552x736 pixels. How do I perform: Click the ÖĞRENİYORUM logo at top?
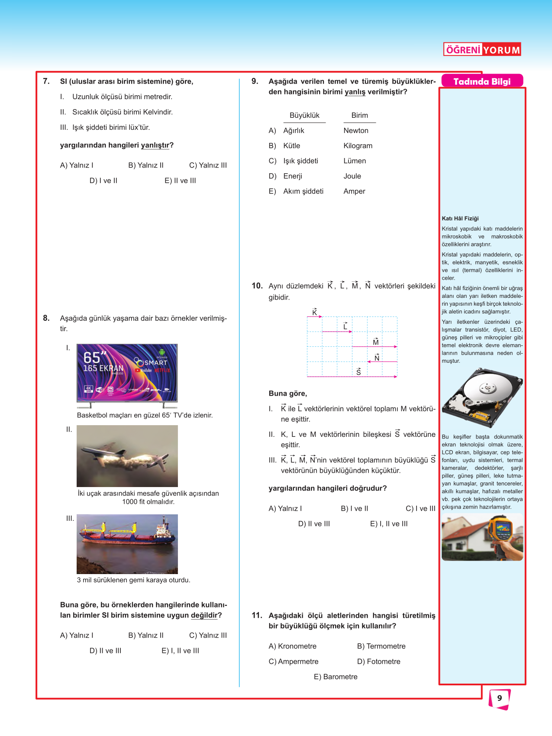click(482, 49)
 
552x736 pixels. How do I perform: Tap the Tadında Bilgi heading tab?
click(482, 81)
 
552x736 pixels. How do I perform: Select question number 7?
click(46, 81)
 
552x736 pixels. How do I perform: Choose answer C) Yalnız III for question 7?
click(208, 165)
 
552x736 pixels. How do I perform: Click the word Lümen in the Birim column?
click(355, 161)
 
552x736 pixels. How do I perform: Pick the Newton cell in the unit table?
click(356, 131)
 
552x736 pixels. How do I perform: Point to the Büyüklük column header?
click(304, 116)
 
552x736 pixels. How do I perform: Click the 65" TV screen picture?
click(127, 374)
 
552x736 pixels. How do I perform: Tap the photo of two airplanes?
click(127, 456)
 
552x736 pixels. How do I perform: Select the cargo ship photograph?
click(127, 544)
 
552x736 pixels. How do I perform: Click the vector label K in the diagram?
click(315, 312)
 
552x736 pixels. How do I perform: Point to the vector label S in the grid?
click(358, 371)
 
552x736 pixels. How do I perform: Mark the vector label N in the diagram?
click(377, 358)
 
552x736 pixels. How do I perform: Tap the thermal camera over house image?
click(482, 537)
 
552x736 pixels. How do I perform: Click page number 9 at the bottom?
click(500, 698)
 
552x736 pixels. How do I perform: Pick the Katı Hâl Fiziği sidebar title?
click(460, 219)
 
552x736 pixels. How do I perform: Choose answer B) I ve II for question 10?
click(354, 509)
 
